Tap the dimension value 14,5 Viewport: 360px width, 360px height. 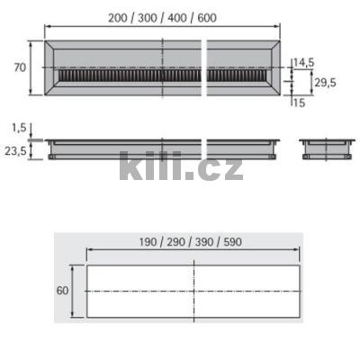pyautogui.click(x=303, y=62)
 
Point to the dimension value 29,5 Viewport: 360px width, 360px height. pyautogui.click(x=324, y=82)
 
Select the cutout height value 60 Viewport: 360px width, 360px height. pyautogui.click(x=62, y=291)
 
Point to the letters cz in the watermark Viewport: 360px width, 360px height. pyautogui.click(x=221, y=167)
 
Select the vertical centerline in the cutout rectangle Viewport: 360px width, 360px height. pyautogui.click(x=193, y=291)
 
